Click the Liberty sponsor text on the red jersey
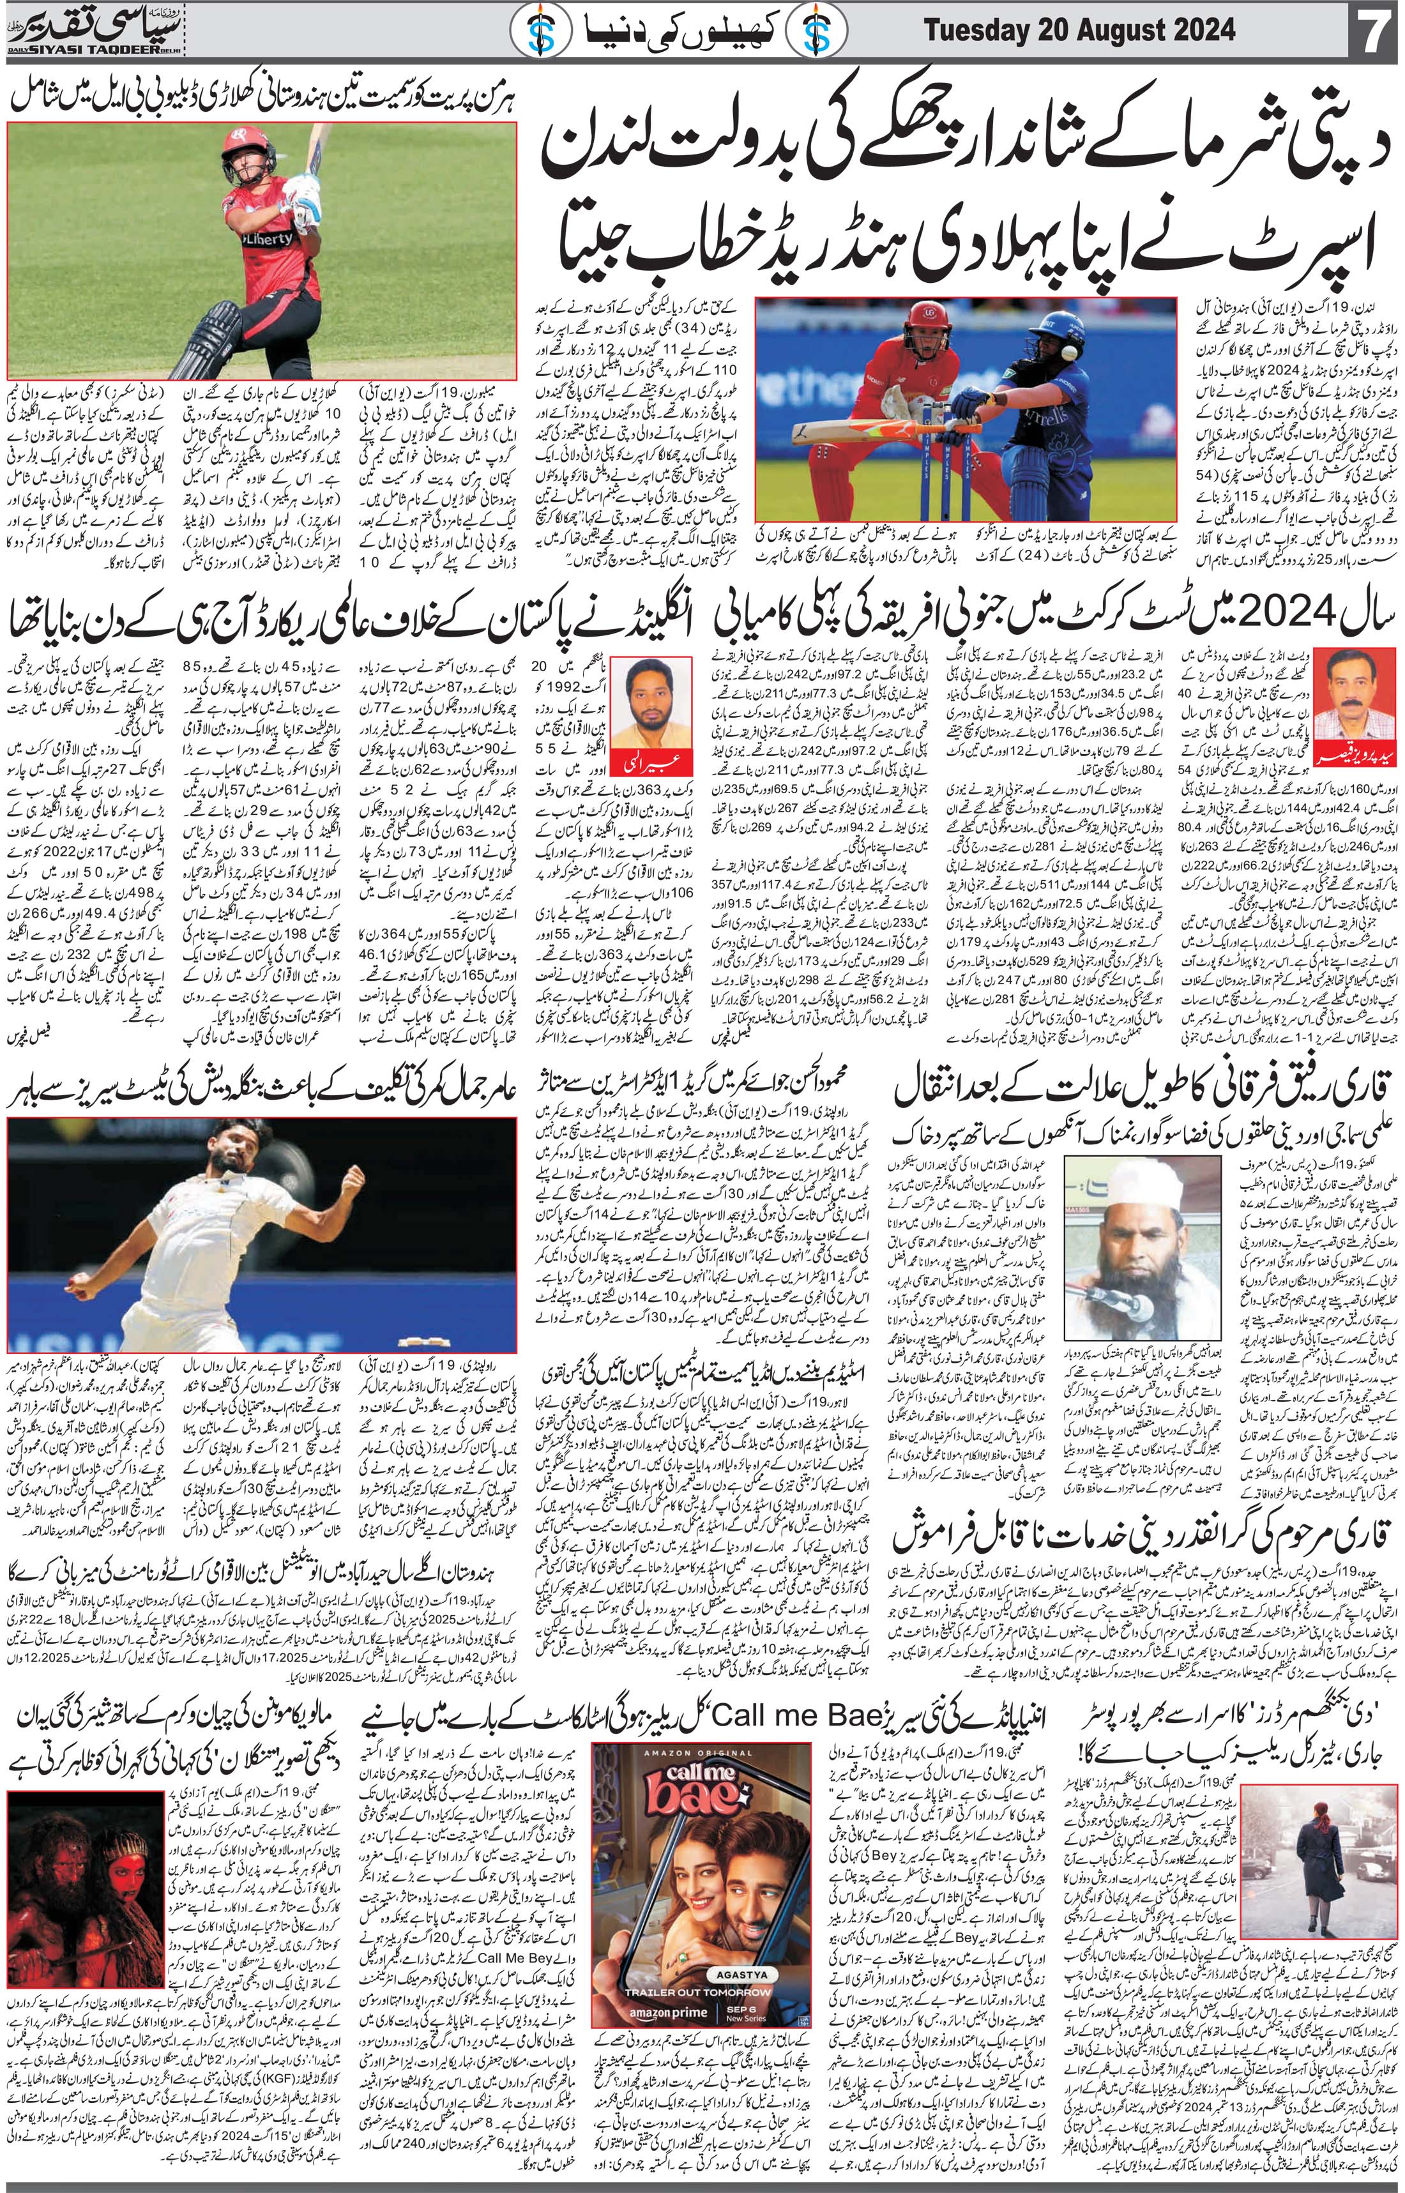[268, 237]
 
